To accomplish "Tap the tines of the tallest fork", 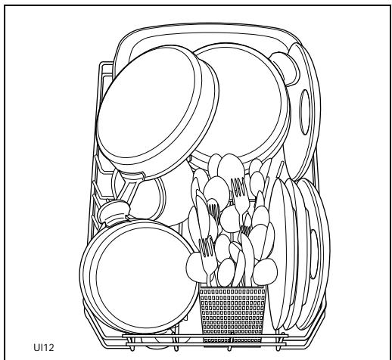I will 241,186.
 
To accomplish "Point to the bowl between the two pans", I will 155,200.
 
